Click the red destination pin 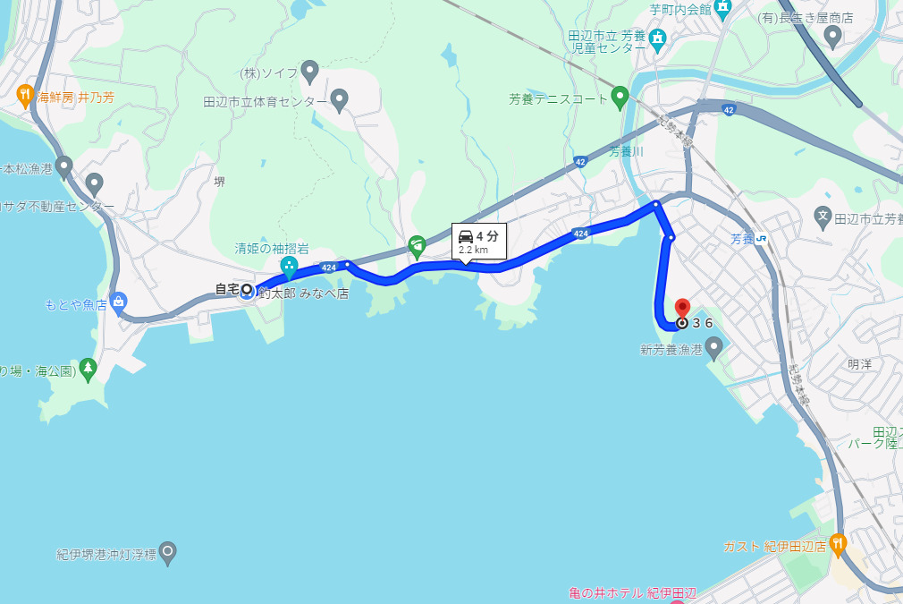coord(682,308)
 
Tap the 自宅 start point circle coord(246,289)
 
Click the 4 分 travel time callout coord(478,241)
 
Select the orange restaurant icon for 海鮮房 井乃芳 coord(25,93)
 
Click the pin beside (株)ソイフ coord(309,70)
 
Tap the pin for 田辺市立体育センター coord(339,99)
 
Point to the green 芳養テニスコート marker coord(620,97)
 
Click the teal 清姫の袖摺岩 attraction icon coord(289,266)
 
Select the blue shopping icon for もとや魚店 coord(118,302)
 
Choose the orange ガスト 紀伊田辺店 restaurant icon coord(837,542)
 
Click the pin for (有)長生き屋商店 coord(832,36)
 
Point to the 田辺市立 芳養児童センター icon coord(658,38)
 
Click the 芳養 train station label coord(743,239)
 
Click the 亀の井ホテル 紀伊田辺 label coord(632,592)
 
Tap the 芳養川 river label coord(626,151)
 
